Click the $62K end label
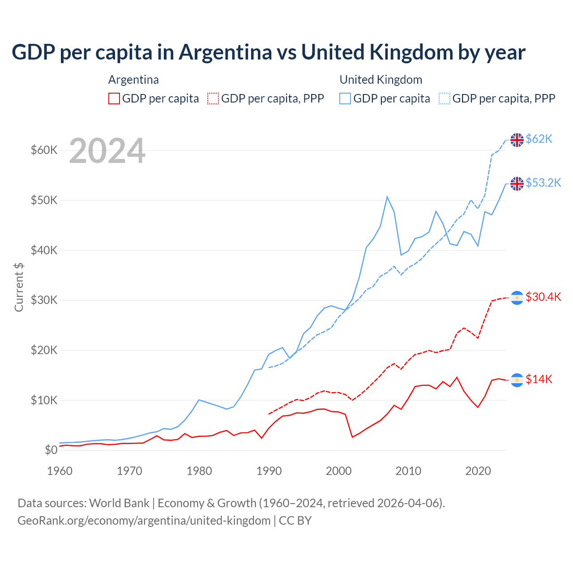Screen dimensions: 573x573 539,139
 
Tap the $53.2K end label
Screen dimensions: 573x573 543,183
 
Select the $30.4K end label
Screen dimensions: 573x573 543,297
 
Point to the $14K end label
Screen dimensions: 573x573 539,380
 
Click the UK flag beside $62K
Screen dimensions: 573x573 517,140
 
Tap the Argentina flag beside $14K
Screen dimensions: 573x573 517,380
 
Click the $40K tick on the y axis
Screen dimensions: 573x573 44,250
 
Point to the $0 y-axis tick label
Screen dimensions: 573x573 51,450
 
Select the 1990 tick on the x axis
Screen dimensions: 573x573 269,471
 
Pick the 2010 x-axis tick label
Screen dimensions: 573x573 408,471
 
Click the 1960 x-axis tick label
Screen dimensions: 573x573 60,471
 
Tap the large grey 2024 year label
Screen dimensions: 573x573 107,151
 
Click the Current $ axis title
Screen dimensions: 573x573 19,287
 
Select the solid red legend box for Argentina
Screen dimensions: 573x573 114,98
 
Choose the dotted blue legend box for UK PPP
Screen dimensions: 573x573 445,98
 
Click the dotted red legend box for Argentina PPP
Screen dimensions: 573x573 213,98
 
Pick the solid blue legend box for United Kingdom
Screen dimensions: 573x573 345,98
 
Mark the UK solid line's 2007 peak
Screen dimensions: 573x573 387,197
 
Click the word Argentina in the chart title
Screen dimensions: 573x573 225,52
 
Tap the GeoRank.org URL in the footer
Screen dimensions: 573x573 144,521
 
